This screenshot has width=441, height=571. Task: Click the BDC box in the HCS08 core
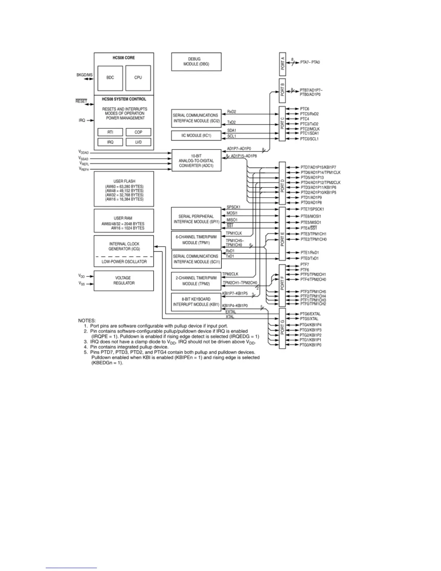[x=110, y=78]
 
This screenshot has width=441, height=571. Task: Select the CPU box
[x=138, y=78]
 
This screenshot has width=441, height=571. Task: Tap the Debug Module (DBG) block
[x=196, y=62]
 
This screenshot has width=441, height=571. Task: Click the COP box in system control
[x=138, y=132]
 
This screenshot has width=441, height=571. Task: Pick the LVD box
[x=138, y=142]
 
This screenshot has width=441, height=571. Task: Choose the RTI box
[x=110, y=132]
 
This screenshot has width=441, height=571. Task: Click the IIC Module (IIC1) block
[x=196, y=136]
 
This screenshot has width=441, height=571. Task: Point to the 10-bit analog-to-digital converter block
[x=196, y=161]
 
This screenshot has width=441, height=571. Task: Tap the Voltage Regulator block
[x=124, y=280]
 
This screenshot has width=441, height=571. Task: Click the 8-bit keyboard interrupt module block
[x=196, y=302]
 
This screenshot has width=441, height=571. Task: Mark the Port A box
[x=282, y=65]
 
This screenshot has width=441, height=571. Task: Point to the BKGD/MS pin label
[x=84, y=75]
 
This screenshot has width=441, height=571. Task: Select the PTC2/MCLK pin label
[x=309, y=129]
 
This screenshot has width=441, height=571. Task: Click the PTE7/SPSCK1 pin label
[x=312, y=209]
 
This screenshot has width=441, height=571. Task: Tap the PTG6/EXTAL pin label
[x=310, y=314]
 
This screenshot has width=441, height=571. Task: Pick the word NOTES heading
[x=87, y=320]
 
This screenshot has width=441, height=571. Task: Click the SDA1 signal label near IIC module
[x=232, y=130]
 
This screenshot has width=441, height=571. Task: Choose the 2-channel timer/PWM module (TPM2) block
[x=196, y=281]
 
